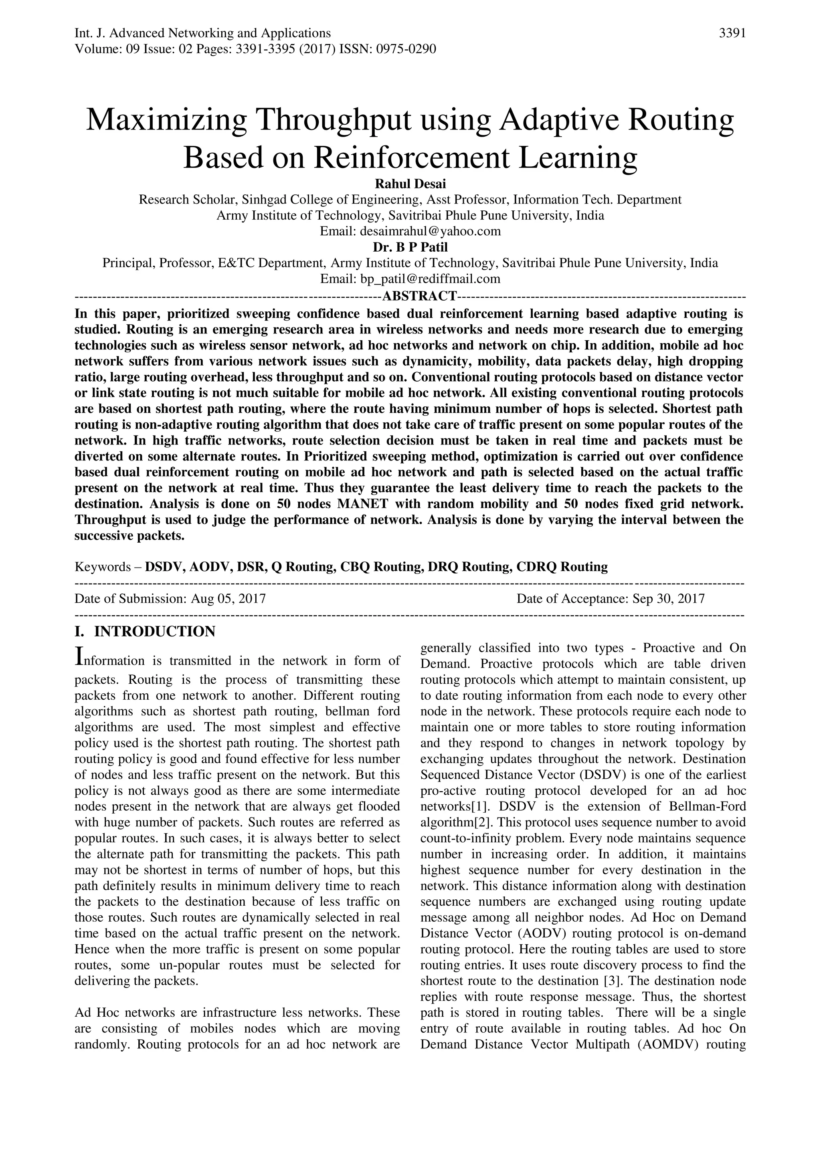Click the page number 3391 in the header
click(732, 33)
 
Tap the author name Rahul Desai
click(410, 184)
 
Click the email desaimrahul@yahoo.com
click(430, 232)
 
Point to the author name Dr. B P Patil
click(410, 247)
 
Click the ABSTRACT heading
click(420, 295)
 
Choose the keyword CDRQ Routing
click(562, 566)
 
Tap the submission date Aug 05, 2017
click(228, 599)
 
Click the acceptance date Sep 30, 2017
click(668, 599)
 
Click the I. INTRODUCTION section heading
click(145, 632)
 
